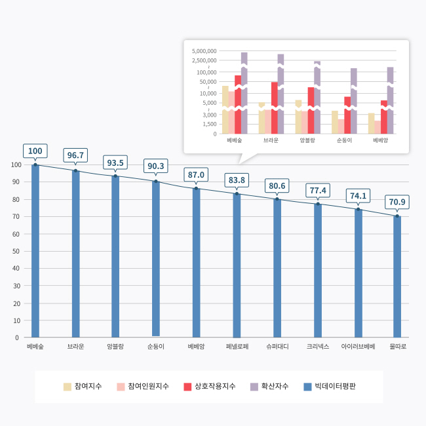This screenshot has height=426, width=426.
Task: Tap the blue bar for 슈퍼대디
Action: coord(277,268)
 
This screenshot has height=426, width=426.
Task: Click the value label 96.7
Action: coord(75,155)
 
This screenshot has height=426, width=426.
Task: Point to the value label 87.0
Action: coord(197,174)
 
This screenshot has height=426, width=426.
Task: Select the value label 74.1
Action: coord(358,195)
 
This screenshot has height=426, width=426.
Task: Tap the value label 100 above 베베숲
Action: coord(35,151)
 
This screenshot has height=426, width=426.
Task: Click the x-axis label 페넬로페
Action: coord(237,346)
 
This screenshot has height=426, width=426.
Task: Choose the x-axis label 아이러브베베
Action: coord(358,346)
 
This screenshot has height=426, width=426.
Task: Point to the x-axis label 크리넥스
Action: coord(317,346)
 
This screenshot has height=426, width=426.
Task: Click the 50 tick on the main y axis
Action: coord(16,251)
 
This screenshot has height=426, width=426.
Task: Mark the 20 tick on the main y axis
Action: coord(16,303)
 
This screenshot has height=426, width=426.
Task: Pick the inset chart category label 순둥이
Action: coord(344,140)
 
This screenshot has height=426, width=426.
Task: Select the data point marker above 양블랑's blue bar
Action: coord(115,176)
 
